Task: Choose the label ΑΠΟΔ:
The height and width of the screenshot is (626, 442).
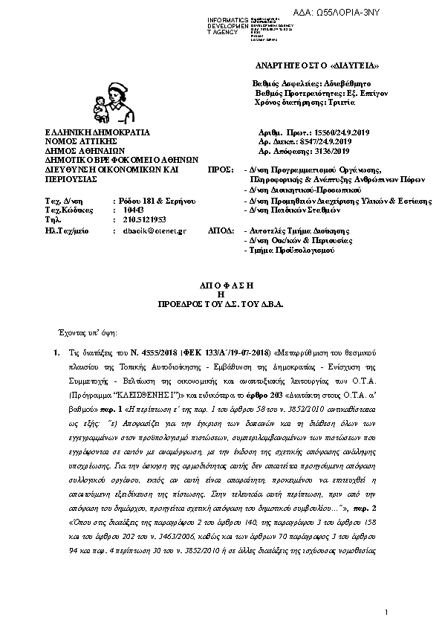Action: coord(220,231)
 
